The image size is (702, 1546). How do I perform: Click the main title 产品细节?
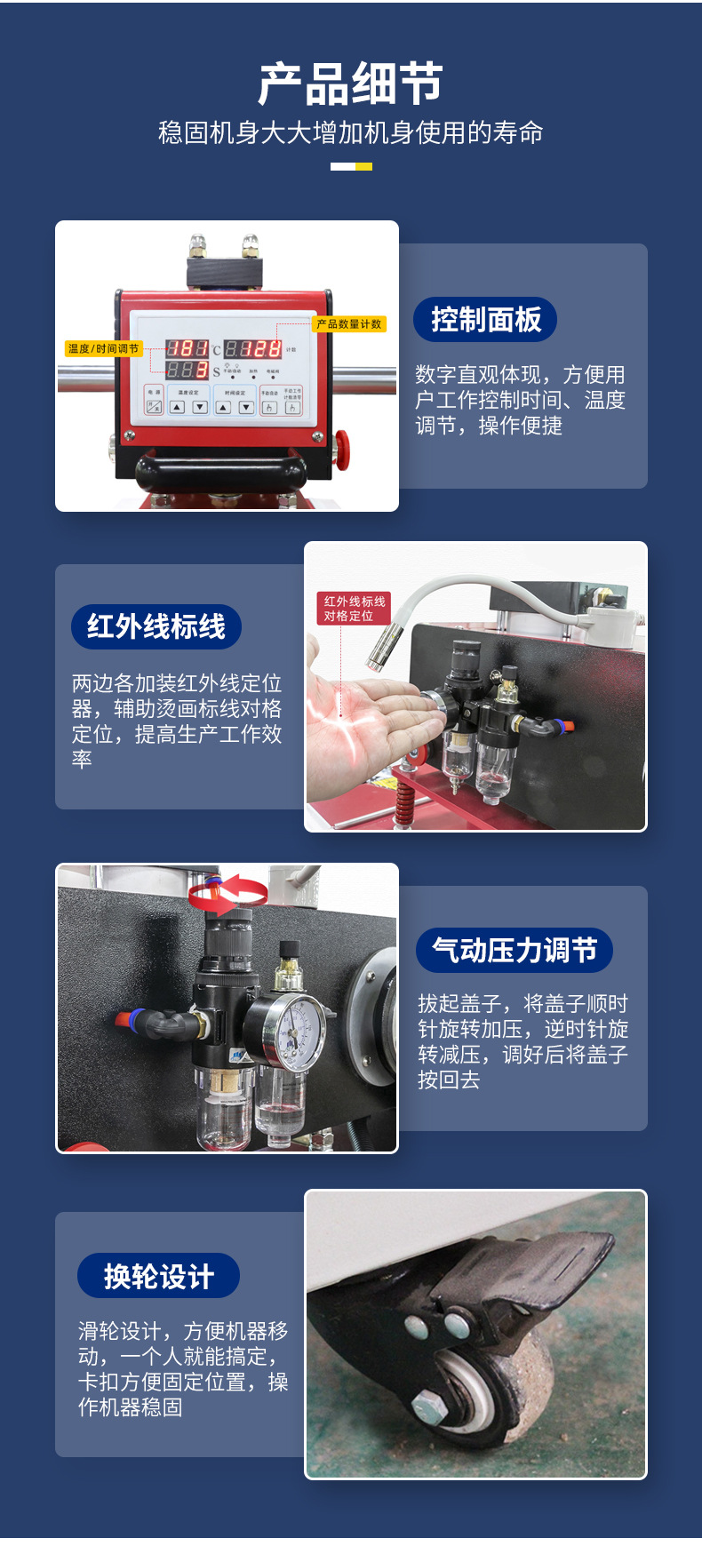350,84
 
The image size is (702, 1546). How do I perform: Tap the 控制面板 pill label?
485,319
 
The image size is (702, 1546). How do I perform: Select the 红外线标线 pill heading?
156,626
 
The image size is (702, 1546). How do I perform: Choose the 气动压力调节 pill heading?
514,950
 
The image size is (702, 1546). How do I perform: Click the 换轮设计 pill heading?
158,1276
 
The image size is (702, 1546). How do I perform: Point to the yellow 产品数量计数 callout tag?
348,324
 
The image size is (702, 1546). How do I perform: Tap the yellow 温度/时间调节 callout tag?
104,348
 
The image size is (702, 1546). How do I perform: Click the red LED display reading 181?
187,349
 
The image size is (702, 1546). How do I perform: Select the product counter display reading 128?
252,349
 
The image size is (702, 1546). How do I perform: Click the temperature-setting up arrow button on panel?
177,408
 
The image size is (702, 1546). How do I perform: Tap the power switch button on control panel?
154,407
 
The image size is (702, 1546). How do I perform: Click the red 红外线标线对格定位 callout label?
354,609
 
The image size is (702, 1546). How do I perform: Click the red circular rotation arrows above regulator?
229,892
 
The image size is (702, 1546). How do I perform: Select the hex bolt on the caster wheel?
426,1405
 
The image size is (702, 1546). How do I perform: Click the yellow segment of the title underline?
363,166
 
